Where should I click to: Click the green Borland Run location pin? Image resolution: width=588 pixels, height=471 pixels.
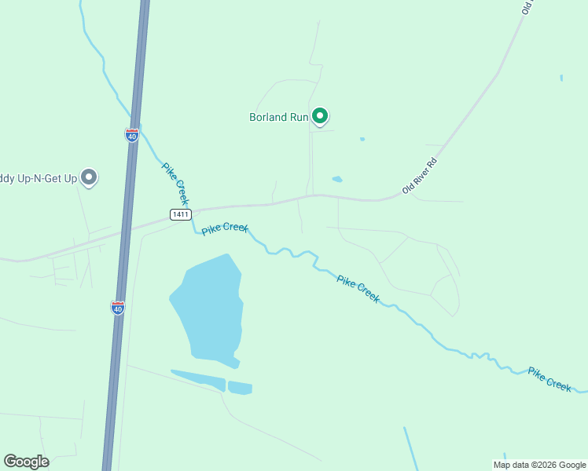tap(320, 116)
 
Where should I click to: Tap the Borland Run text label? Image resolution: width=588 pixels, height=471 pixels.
tap(278, 118)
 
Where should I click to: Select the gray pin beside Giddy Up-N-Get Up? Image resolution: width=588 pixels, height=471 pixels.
tap(89, 177)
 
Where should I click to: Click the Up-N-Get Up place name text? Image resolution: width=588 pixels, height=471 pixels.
tap(39, 179)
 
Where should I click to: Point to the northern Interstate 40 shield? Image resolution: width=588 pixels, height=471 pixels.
tap(131, 135)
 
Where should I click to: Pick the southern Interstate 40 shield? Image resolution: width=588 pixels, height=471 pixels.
tap(118, 307)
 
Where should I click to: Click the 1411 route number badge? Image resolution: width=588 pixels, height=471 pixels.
tap(180, 214)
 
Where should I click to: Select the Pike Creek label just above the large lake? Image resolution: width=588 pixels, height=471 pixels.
tap(225, 229)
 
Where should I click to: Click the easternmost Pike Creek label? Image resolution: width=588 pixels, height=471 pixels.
tap(549, 379)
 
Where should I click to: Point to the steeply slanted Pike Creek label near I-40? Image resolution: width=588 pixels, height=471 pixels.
tap(175, 184)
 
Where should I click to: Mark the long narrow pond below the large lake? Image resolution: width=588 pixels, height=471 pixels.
tap(199, 380)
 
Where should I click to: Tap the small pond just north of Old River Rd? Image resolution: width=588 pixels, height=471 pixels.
tap(337, 179)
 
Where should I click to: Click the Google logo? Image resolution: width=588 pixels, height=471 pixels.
tap(26, 462)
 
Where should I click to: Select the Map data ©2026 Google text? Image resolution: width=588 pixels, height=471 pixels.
tap(540, 465)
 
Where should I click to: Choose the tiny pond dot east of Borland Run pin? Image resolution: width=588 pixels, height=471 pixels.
tap(362, 139)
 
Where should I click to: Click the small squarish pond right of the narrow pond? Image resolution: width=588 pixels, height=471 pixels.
tap(240, 388)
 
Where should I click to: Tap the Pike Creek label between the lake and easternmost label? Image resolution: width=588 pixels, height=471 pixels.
tap(358, 288)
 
